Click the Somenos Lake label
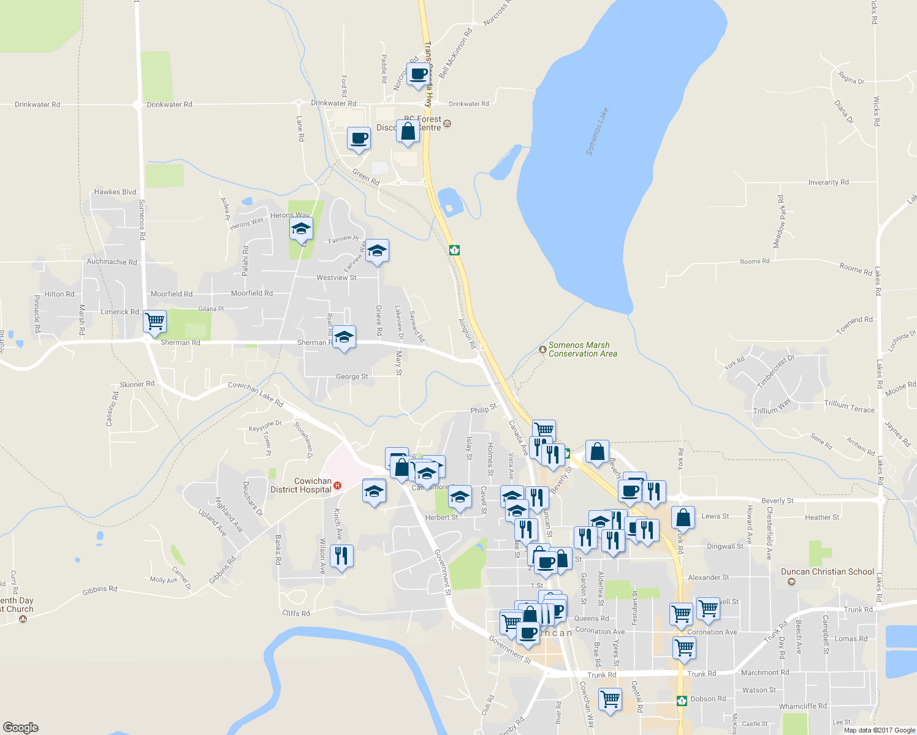[x=598, y=132]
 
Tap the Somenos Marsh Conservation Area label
[x=582, y=349]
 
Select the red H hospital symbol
[x=337, y=486]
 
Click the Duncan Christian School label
[x=827, y=571]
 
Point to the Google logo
[x=20, y=727]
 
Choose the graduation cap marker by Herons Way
[x=301, y=229]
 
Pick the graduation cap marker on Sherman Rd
[x=344, y=337]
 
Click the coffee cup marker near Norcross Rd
[x=419, y=74]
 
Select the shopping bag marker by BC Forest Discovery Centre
[x=408, y=131]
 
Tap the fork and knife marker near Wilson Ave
[x=341, y=556]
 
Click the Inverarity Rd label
[x=828, y=183]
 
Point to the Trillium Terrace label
[x=849, y=406]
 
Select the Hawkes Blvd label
[x=115, y=192]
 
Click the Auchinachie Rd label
[x=112, y=262]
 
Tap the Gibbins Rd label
[x=100, y=590]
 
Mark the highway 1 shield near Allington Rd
[x=454, y=250]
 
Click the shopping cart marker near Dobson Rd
[x=611, y=699]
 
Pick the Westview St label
[x=337, y=277]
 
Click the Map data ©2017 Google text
[x=879, y=729]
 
